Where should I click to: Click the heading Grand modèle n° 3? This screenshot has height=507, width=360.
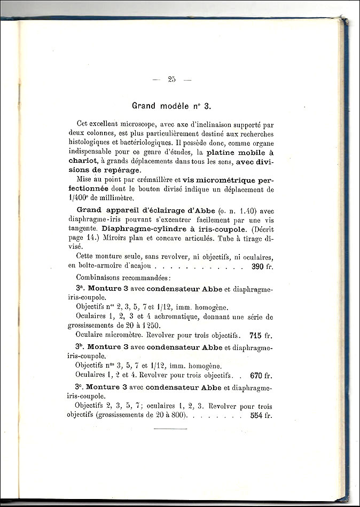pyautogui.click(x=167, y=106)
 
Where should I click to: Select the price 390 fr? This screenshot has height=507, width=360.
pyautogui.click(x=261, y=266)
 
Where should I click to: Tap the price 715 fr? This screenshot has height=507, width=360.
pyautogui.click(x=261, y=336)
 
